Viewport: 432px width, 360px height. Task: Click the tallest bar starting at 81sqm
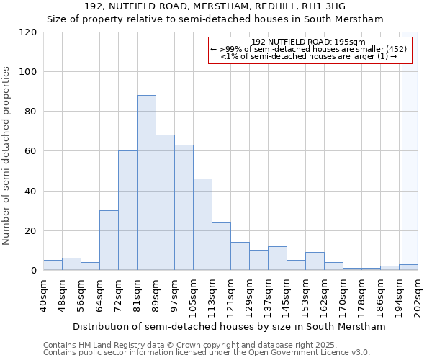146,183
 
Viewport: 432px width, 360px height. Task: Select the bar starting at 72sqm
127,210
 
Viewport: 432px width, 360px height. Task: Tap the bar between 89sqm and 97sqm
165,202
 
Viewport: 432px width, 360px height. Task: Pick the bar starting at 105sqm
202,224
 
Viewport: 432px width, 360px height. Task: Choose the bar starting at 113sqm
221,246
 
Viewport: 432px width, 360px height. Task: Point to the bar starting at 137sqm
277,258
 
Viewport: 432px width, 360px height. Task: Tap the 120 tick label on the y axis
28,32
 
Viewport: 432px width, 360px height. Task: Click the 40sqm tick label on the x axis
43,294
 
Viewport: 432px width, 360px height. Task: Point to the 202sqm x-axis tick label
418,294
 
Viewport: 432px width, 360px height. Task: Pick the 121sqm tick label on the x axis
230,294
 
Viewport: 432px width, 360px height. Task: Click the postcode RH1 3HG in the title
323,6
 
